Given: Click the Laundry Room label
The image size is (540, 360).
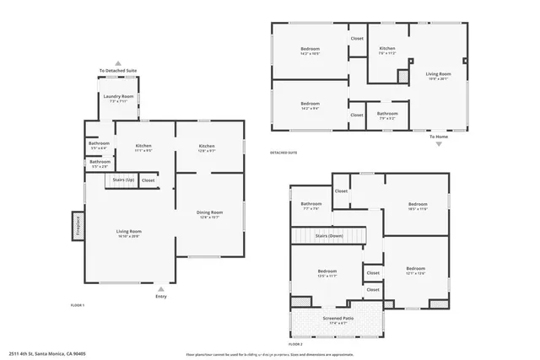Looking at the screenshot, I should tap(119, 97).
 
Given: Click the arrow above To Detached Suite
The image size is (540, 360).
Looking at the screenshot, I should tap(118, 63).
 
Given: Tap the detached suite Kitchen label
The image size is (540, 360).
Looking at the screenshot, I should tap(387, 50).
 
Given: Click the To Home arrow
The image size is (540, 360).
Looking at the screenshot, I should tap(439, 143).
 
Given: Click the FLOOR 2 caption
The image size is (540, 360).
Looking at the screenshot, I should tap(295, 344).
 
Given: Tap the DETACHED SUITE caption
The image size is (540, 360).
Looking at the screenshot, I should tap(283, 153).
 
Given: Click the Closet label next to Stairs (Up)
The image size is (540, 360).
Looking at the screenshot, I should tap(148, 180).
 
